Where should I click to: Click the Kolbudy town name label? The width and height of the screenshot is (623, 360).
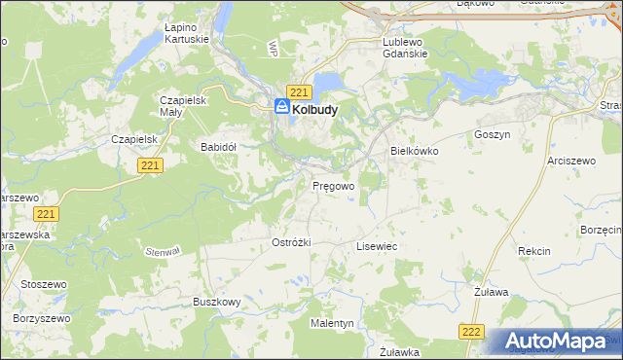coord(314,110)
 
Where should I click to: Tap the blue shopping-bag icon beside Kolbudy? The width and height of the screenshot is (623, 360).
coord(281,108)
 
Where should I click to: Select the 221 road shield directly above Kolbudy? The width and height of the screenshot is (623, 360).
coord(299,91)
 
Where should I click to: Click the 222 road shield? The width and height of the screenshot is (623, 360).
coord(471,332)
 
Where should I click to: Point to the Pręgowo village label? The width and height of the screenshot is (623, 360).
coord(332,184)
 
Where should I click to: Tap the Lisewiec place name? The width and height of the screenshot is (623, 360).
coord(376,247)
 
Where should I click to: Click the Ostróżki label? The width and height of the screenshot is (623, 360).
coord(291,242)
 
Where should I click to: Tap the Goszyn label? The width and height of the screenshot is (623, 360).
coord(492,135)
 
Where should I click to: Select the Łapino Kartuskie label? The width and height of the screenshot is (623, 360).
coord(186,34)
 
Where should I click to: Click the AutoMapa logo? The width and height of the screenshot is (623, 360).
coord(556,341)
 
